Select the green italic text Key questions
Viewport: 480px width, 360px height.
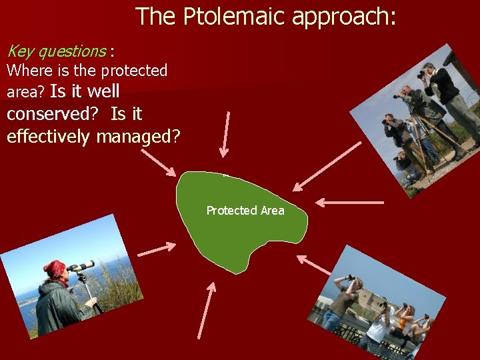tap(56, 51)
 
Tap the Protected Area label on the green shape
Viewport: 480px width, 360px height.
tap(245, 211)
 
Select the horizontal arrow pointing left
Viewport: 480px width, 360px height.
tap(349, 201)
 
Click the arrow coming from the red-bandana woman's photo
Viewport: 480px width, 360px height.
tap(156, 250)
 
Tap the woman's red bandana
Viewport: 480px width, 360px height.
tap(55, 268)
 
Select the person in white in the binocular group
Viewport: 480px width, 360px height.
tap(377, 327)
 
